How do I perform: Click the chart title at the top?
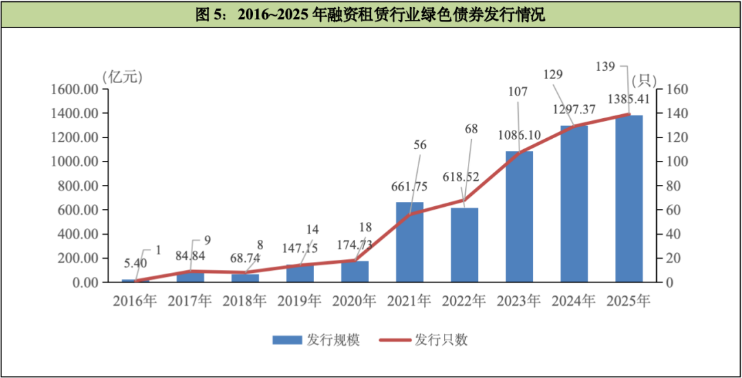click(x=371, y=14)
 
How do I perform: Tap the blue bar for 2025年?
click(x=629, y=199)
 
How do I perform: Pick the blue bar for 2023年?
click(x=519, y=216)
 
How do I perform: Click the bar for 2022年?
click(x=464, y=245)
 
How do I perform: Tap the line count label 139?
click(x=606, y=66)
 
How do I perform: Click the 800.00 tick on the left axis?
click(x=77, y=186)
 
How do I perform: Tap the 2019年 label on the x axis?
click(x=300, y=300)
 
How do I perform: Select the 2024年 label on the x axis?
click(x=574, y=300)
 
